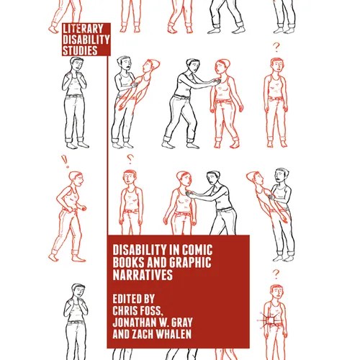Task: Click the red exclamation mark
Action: pyautogui.click(x=64, y=161)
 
